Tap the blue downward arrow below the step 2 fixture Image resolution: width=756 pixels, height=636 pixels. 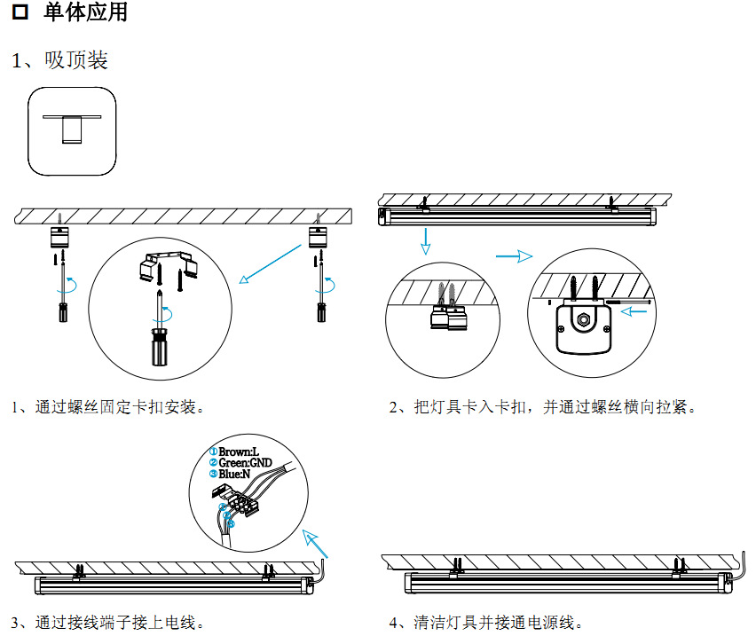pyautogui.click(x=425, y=240)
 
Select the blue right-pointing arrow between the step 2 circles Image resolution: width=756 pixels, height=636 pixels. pyautogui.click(x=513, y=256)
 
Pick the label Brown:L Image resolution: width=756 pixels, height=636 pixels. pyautogui.click(x=238, y=452)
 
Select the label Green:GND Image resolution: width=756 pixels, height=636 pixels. pyautogui.click(x=245, y=463)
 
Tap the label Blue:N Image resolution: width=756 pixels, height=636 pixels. pyautogui.click(x=234, y=474)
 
